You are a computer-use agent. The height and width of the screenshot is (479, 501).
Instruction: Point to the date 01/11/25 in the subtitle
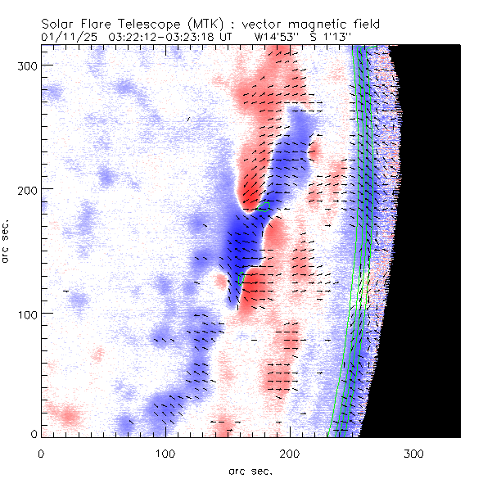click(66, 37)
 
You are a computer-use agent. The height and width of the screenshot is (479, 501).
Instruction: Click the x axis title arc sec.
click(250, 471)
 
